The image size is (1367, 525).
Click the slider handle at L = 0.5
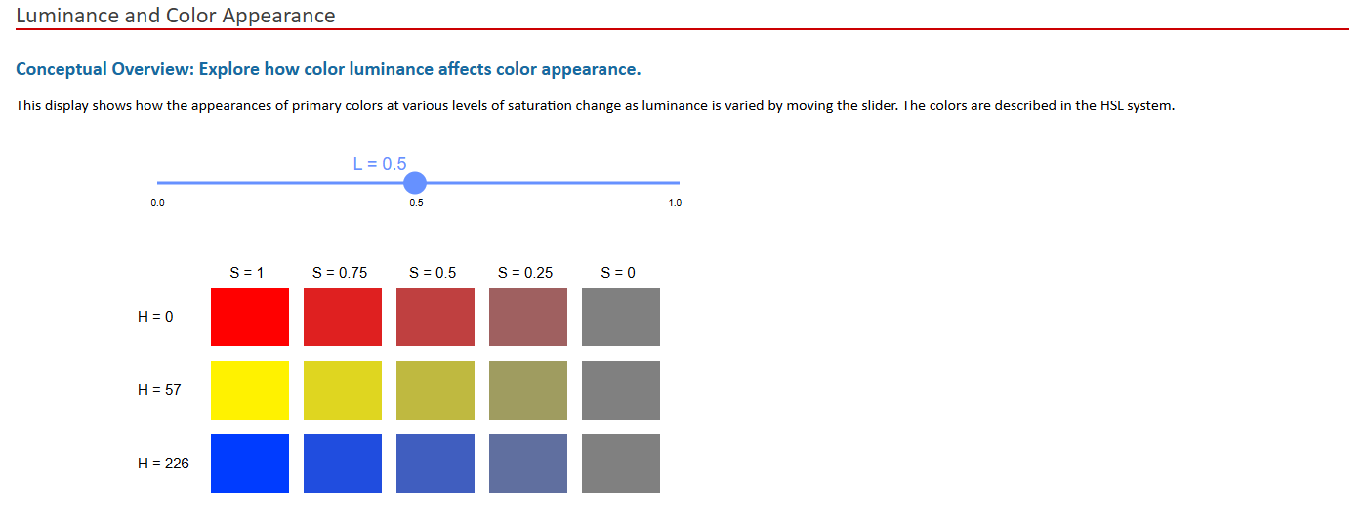click(415, 182)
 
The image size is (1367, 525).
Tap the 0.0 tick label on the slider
click(157, 203)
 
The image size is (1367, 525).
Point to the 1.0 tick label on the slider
click(675, 203)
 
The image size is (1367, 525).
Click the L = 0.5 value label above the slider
click(380, 164)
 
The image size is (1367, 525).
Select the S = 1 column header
click(247, 273)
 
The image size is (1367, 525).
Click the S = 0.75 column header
click(340, 273)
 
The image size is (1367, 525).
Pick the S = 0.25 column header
click(525, 273)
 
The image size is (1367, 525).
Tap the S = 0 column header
click(618, 273)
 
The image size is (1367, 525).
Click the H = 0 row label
click(156, 316)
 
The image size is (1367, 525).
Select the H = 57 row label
click(160, 389)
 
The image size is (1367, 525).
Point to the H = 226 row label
click(164, 463)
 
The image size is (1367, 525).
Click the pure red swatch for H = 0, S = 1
click(250, 317)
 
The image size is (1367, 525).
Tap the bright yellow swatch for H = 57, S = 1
click(250, 390)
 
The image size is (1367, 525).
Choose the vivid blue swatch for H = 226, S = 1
click(250, 464)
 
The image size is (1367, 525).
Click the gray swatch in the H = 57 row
click(621, 390)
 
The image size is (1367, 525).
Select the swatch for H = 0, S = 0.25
click(528, 317)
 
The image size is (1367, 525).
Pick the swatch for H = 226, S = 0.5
click(435, 464)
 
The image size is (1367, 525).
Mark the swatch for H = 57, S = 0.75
click(343, 390)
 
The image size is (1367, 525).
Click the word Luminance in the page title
click(62, 16)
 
